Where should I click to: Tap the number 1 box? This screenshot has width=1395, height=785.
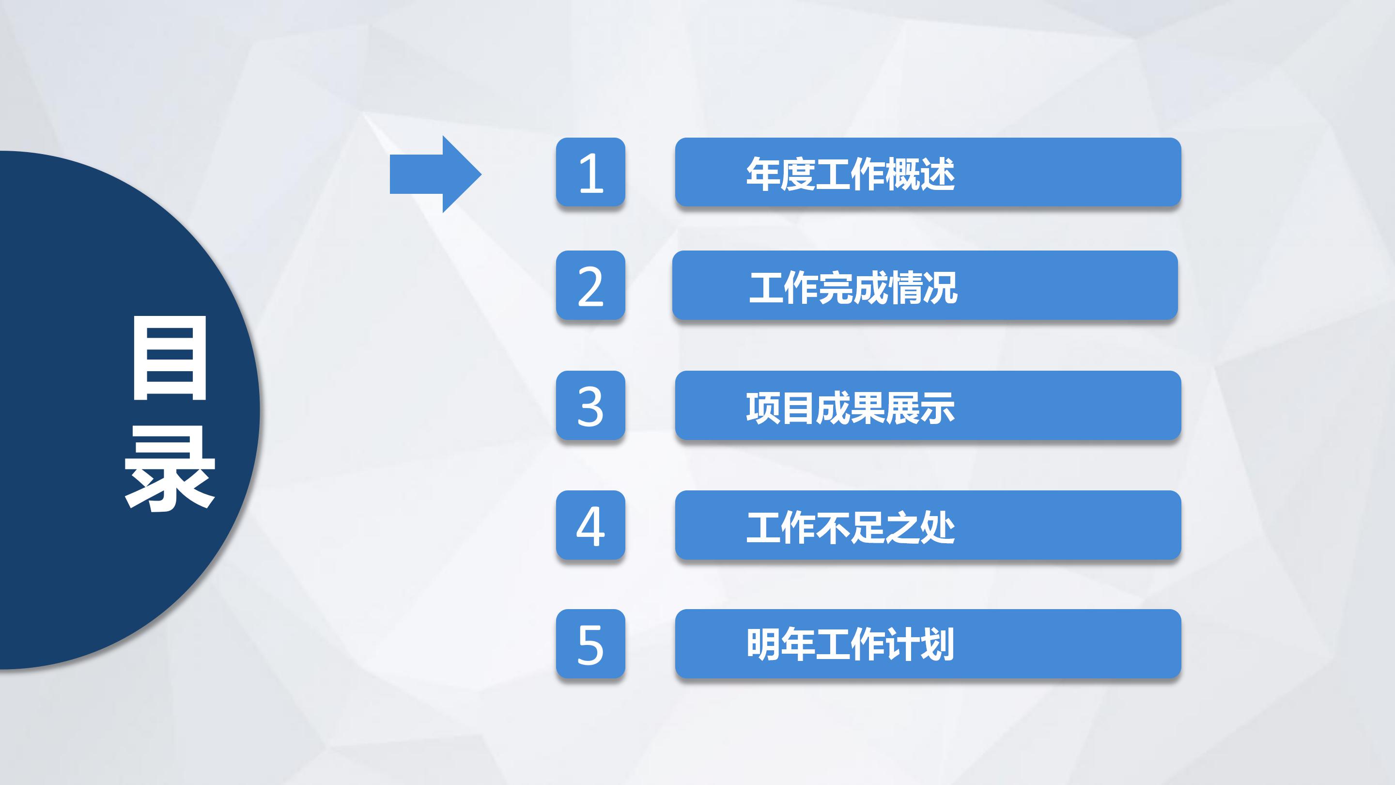point(590,173)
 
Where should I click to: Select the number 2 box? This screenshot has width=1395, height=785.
point(590,285)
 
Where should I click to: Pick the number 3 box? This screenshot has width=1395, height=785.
point(590,405)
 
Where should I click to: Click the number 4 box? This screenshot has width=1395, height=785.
point(590,525)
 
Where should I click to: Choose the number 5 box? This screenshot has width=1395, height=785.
point(590,644)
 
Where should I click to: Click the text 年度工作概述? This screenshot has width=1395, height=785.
point(850,174)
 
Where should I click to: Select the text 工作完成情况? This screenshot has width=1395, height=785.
point(853,287)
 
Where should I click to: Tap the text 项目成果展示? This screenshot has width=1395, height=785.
point(850,408)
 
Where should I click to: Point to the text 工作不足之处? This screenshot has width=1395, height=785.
point(850,527)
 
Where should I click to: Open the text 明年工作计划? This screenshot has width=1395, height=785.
point(850,644)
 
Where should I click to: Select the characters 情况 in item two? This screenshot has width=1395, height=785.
point(923,287)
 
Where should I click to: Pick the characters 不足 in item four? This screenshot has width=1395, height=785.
point(850,527)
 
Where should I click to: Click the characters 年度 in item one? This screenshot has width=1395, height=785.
point(780,174)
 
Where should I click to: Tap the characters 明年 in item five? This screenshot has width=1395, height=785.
point(780,644)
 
